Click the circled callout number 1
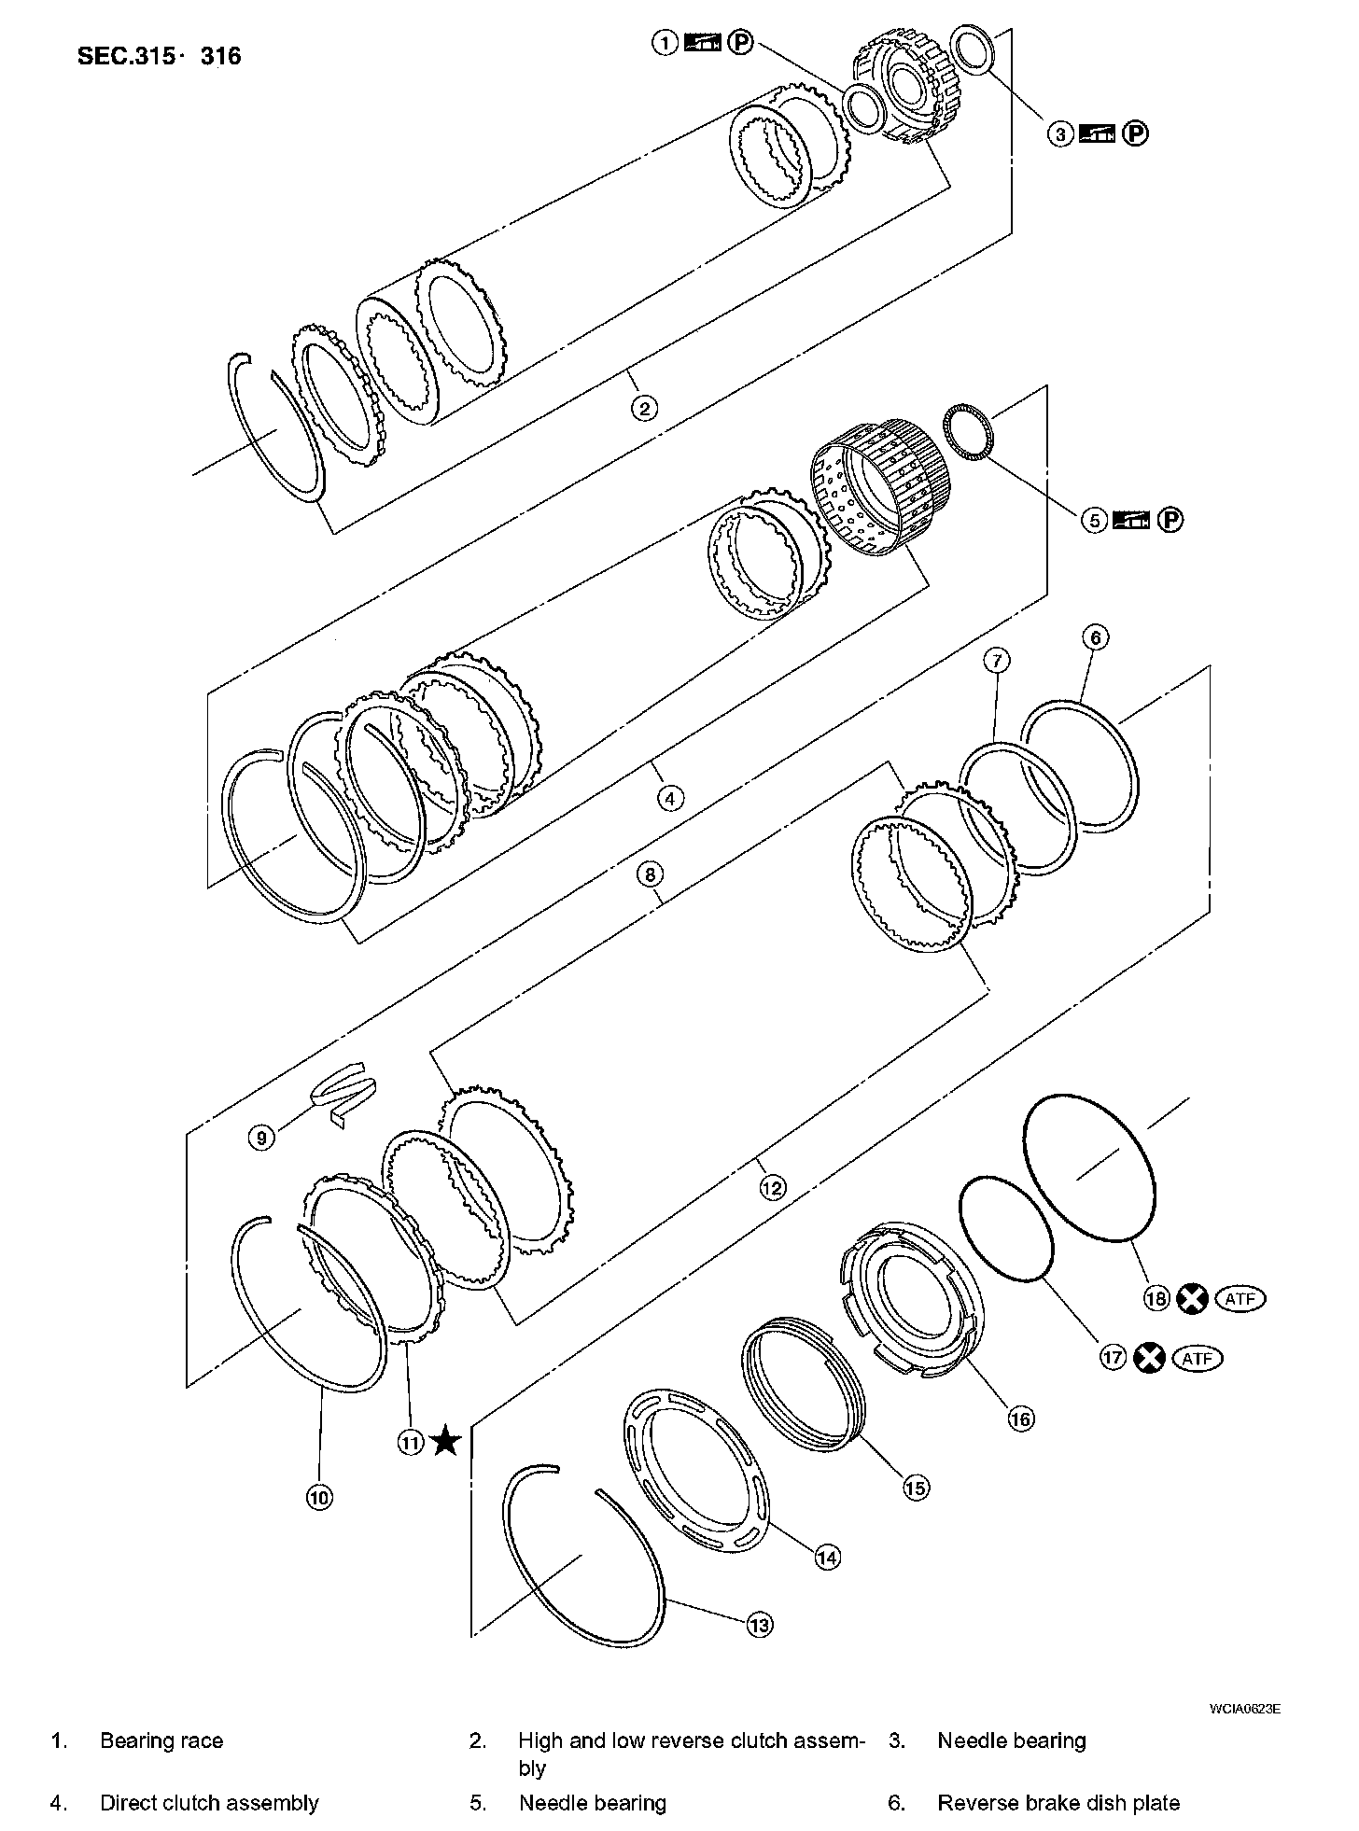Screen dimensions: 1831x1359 665,43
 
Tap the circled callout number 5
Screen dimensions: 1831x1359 1095,520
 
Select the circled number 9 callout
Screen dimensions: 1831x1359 262,1137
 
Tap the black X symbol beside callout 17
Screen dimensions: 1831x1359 1149,1358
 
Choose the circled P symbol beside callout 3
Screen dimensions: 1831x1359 1135,134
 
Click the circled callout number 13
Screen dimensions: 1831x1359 760,1625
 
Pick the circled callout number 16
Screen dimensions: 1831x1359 1021,1419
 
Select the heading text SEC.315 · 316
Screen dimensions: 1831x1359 159,56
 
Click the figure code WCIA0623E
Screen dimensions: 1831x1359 1244,1709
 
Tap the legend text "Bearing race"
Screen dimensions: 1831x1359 161,1740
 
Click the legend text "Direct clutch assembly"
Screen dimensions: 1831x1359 209,1803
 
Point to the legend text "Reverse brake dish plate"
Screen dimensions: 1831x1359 1058,1803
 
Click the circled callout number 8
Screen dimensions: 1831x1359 650,874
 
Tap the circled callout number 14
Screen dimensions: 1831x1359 827,1557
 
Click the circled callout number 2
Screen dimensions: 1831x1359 644,408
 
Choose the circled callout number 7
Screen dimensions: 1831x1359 996,661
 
